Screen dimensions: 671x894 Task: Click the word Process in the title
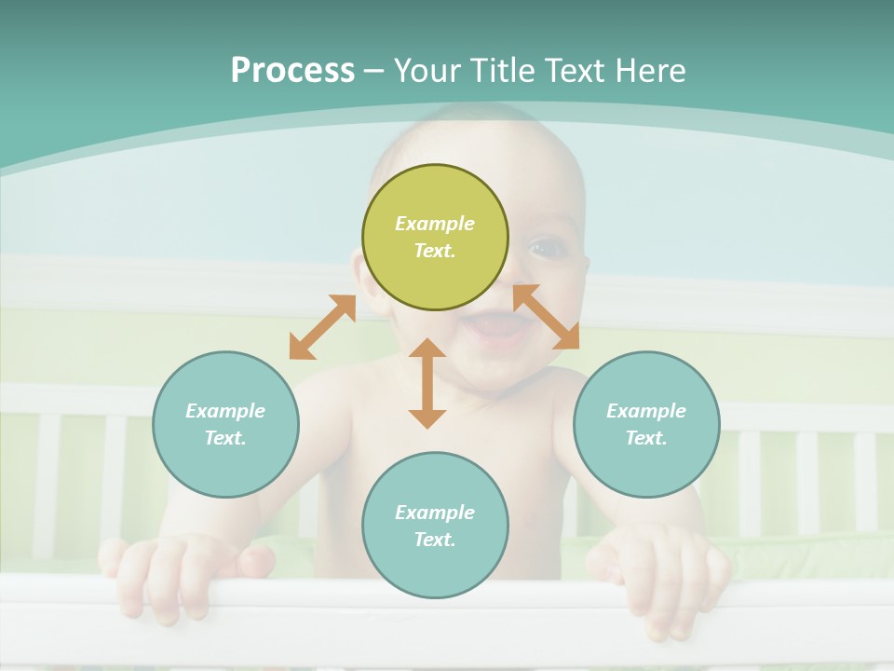click(x=292, y=71)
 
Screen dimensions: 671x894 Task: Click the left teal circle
click(x=225, y=424)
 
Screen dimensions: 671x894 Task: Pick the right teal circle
click(x=646, y=424)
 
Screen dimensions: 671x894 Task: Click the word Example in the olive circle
click(x=435, y=224)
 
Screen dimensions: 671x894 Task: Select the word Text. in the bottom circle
click(x=435, y=540)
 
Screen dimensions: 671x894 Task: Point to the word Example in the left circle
click(x=225, y=411)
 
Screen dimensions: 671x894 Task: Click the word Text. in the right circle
click(x=646, y=438)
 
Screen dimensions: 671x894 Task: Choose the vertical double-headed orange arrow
click(x=427, y=383)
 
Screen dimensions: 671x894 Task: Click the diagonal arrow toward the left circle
click(x=322, y=327)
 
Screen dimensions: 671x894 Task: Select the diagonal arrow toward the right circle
click(x=546, y=317)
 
